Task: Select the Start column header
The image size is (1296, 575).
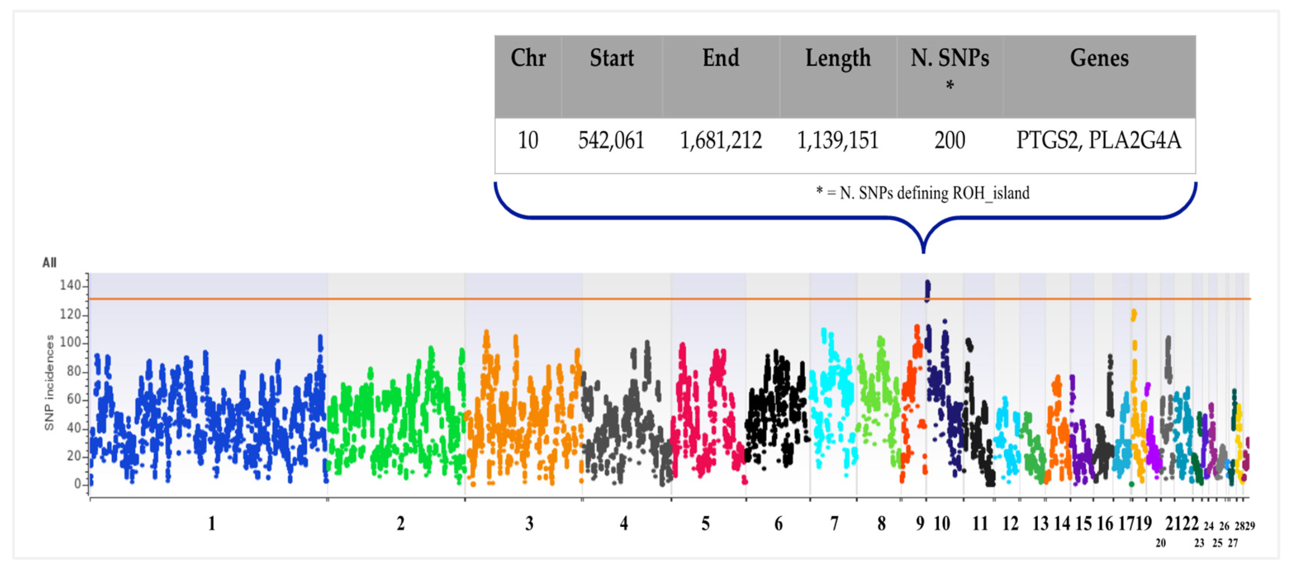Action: pos(611,58)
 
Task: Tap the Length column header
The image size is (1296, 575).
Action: pos(838,58)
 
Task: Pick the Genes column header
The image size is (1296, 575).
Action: pos(1099,58)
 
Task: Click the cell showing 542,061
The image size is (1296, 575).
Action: pos(611,140)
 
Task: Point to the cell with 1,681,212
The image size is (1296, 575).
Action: pos(721,140)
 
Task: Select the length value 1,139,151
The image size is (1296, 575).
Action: pos(838,140)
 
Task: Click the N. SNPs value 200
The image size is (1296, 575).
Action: pos(950,140)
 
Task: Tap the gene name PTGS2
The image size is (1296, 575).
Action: pos(1048,140)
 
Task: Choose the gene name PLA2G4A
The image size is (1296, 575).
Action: pos(1135,140)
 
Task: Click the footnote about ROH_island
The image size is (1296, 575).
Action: pos(923,193)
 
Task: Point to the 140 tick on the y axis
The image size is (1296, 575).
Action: pos(70,286)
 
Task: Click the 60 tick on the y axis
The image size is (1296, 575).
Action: pos(74,399)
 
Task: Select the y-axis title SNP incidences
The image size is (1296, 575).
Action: pos(49,383)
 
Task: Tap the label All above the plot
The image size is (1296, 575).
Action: pos(49,262)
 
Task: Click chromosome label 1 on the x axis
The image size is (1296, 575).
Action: pos(212,524)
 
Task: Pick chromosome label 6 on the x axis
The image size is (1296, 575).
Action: pos(778,524)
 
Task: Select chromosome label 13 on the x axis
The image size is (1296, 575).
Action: pos(1040,524)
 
